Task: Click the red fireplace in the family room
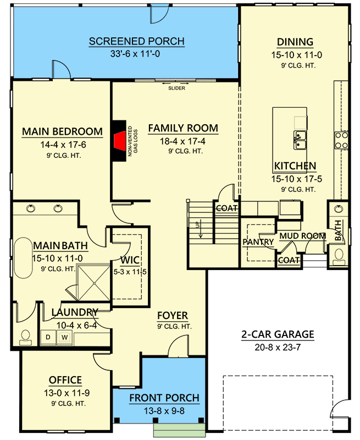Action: click(x=120, y=141)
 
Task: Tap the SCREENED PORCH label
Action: click(x=137, y=41)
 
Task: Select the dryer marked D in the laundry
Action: click(x=48, y=337)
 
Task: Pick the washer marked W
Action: click(x=64, y=337)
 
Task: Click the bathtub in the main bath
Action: click(x=23, y=258)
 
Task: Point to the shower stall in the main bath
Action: click(x=93, y=283)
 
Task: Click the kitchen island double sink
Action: click(x=300, y=140)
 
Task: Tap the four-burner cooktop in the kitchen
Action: click(x=341, y=140)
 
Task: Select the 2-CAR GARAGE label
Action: click(x=278, y=334)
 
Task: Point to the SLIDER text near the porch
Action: click(x=176, y=88)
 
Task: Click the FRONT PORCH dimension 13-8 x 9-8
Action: click(x=164, y=411)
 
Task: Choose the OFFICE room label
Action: click(x=65, y=380)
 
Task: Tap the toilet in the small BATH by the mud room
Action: click(x=339, y=256)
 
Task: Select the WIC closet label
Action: click(x=130, y=260)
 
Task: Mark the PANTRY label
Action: click(x=258, y=242)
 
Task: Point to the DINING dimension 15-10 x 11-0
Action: click(x=297, y=55)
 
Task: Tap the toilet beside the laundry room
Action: click(x=25, y=337)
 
